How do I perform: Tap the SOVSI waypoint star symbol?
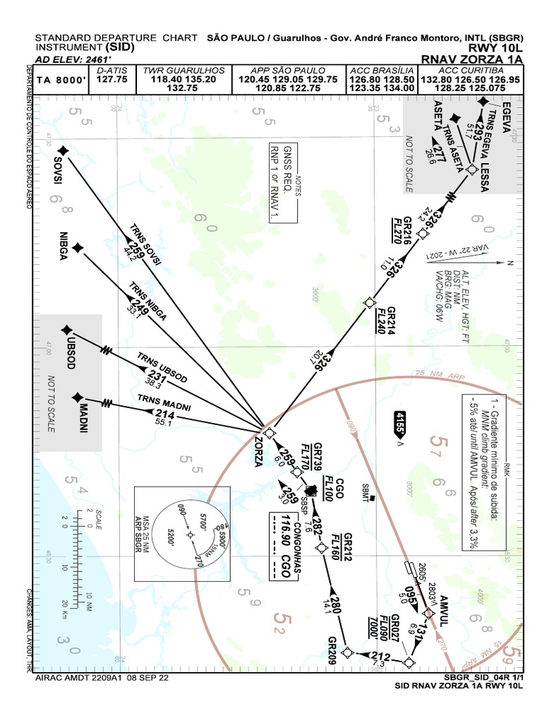[64, 150]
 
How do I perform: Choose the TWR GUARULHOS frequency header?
[184, 71]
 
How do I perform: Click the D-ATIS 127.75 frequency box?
[112, 76]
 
